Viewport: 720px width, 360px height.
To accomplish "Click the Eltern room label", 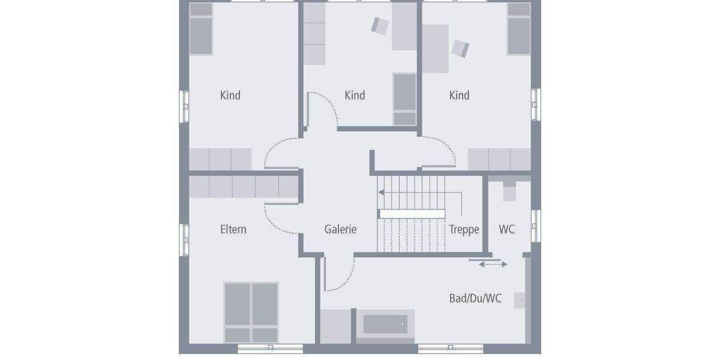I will click(x=233, y=229).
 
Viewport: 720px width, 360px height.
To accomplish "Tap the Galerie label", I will click(x=340, y=229).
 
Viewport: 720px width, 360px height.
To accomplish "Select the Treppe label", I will click(x=464, y=229).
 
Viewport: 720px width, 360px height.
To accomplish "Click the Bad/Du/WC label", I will click(x=475, y=298).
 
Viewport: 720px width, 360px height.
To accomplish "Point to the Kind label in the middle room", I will click(x=355, y=95).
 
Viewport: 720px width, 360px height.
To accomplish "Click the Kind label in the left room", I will click(x=230, y=95).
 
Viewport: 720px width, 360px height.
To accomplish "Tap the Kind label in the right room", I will click(x=459, y=95).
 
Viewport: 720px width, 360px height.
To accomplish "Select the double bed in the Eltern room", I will click(x=251, y=312).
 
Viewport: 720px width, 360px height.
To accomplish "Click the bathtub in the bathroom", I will click(x=385, y=325).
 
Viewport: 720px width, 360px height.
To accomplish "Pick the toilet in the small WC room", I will click(x=509, y=191).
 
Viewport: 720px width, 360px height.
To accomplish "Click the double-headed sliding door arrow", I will click(x=493, y=264).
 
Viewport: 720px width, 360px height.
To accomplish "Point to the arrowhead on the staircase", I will click(x=381, y=193).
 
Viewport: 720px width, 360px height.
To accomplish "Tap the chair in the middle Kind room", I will click(x=380, y=25).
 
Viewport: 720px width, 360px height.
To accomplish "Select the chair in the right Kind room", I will click(x=460, y=48).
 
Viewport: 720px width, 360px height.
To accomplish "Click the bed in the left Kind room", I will click(x=202, y=28).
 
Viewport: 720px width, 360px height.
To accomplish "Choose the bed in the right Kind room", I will click(x=519, y=28).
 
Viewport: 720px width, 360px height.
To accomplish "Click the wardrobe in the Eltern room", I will click(x=244, y=187).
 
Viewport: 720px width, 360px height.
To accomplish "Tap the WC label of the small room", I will click(x=507, y=229).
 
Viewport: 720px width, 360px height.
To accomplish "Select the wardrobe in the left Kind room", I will click(x=220, y=160).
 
